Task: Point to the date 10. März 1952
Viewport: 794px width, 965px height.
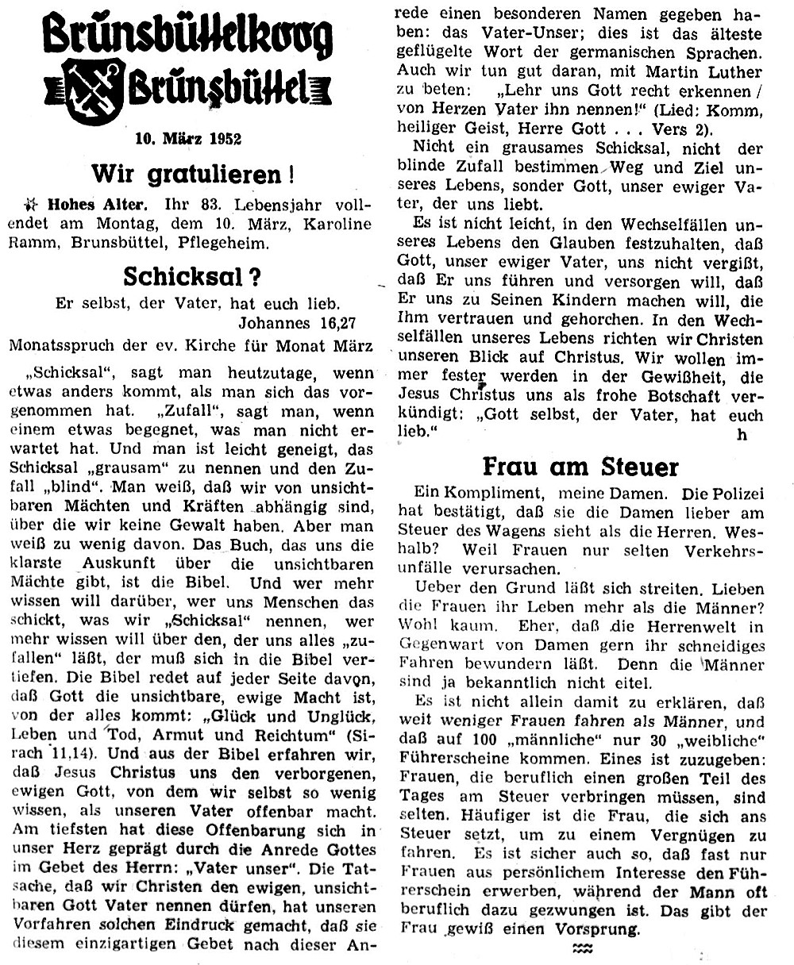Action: coord(188,138)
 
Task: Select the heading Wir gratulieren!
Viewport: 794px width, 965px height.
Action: coord(187,172)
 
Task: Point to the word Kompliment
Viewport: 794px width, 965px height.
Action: coord(508,493)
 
